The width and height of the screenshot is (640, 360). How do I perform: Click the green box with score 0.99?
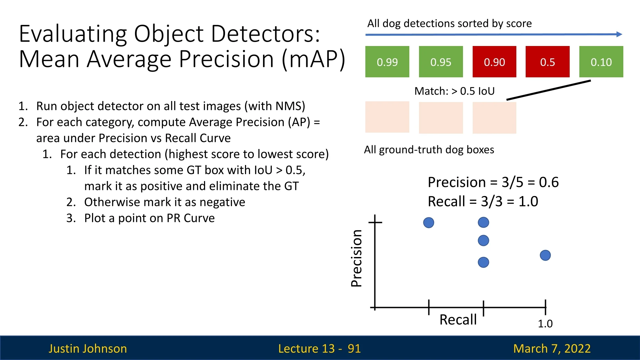pos(387,62)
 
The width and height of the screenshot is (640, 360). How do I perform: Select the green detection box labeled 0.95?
pos(441,62)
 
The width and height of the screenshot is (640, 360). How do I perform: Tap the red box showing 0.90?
pos(494,62)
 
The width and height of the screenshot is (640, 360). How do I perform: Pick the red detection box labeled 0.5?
pos(548,62)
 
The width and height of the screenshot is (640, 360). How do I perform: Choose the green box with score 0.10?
pos(601,62)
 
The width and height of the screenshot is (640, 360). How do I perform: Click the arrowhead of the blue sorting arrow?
pos(619,34)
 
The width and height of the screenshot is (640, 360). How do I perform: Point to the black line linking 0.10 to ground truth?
pos(549,90)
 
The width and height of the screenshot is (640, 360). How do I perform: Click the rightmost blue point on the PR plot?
pos(545,255)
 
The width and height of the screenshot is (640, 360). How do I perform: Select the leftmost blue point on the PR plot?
pos(429,222)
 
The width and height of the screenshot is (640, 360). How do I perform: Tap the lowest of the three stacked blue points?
pos(483,262)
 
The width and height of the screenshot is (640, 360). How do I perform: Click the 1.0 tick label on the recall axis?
pos(545,324)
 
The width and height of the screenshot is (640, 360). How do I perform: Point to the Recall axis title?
pos(458,320)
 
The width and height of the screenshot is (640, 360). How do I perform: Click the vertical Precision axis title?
pos(356,258)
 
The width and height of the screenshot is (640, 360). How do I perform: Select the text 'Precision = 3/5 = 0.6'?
pos(493,182)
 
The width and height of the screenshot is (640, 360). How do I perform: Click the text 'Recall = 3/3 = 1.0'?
pos(483,201)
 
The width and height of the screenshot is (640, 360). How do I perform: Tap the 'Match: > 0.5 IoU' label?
pos(455,91)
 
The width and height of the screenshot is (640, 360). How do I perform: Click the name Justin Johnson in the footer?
pos(88,348)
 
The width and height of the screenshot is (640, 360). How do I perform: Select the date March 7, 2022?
pos(552,348)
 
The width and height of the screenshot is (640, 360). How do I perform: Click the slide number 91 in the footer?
pos(354,348)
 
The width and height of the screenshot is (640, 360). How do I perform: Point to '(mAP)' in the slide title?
pos(313,59)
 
